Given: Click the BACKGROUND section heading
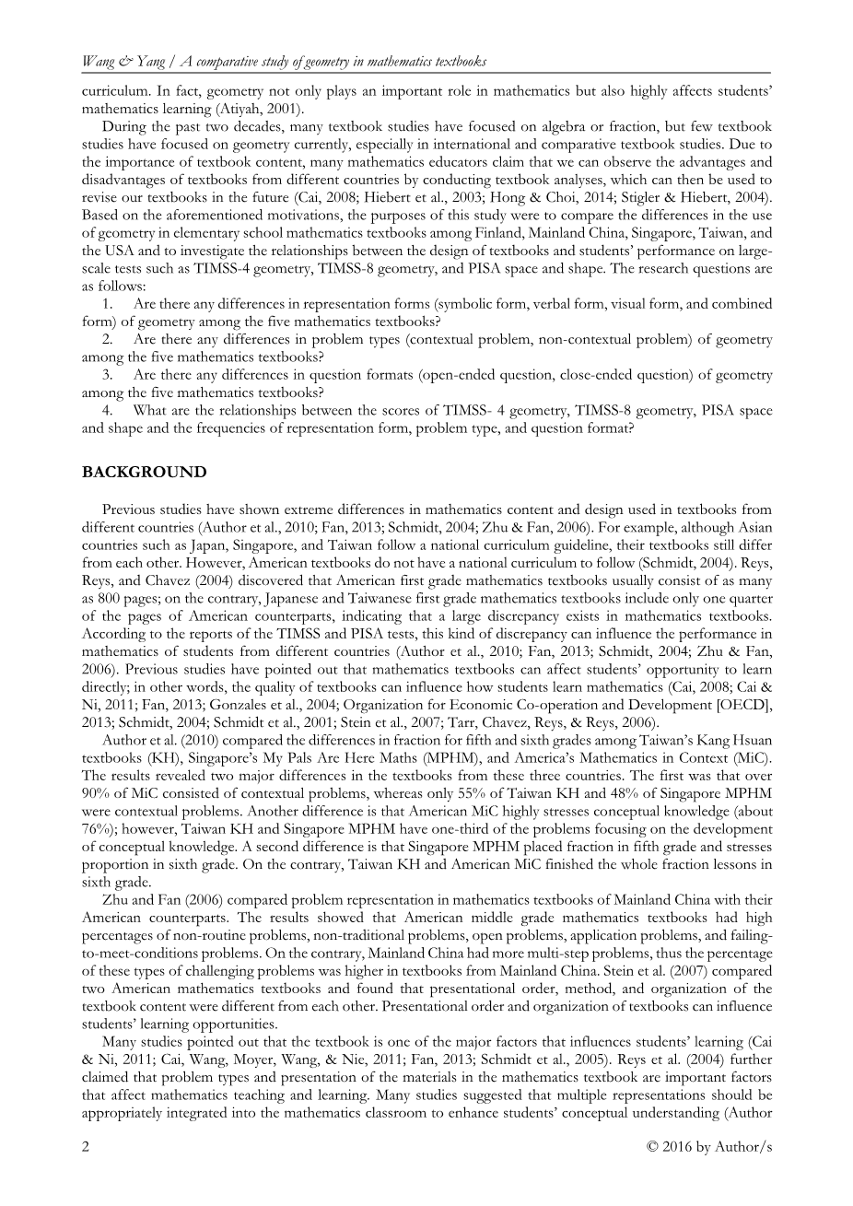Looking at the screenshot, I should tap(145, 473).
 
